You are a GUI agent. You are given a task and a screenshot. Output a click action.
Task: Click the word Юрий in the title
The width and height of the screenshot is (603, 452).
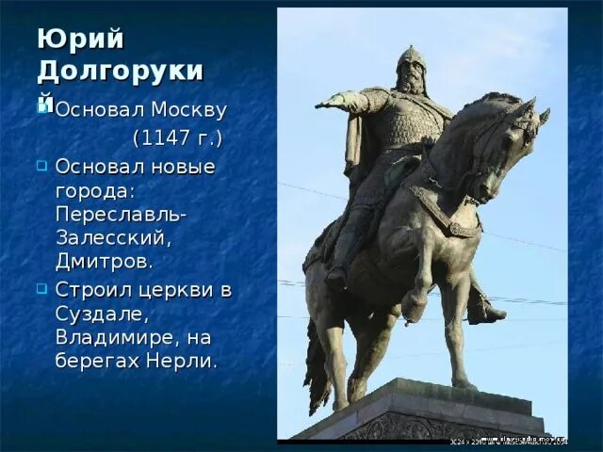(x=67, y=39)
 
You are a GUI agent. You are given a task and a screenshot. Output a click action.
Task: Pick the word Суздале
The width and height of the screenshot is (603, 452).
(x=100, y=313)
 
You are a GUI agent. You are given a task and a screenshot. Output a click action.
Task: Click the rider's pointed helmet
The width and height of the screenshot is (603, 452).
(x=411, y=56)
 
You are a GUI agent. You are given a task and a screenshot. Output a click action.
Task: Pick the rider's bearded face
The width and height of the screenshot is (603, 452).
(x=411, y=77)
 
